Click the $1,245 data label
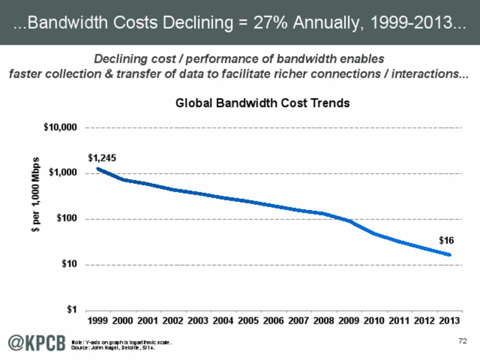(x=102, y=158)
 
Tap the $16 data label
(x=446, y=240)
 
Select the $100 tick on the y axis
(x=66, y=219)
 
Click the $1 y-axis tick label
(x=71, y=310)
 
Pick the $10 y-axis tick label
(x=69, y=264)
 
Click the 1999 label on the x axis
(x=98, y=319)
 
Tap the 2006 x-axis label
(x=274, y=319)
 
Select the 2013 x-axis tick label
(x=449, y=319)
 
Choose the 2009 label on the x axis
(x=349, y=319)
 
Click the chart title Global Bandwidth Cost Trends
(x=262, y=103)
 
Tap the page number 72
(x=462, y=341)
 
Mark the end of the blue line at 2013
(x=449, y=255)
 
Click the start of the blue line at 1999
(x=98, y=169)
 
